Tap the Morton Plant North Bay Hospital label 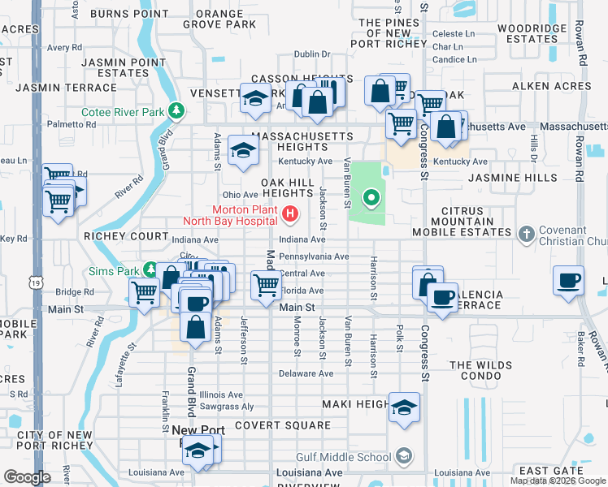coord(244,215)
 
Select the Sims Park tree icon coord(150,269)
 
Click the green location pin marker coord(371,196)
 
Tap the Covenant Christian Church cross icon coord(526,235)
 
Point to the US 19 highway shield coord(36,282)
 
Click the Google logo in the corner coord(27,477)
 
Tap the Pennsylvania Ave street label coord(314,256)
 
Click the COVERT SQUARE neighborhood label coord(282,425)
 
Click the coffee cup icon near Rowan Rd coord(568,280)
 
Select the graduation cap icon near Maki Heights coord(403,407)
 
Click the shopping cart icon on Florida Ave coord(266,285)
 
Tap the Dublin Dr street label coord(312,54)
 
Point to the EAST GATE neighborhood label coord(549,471)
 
